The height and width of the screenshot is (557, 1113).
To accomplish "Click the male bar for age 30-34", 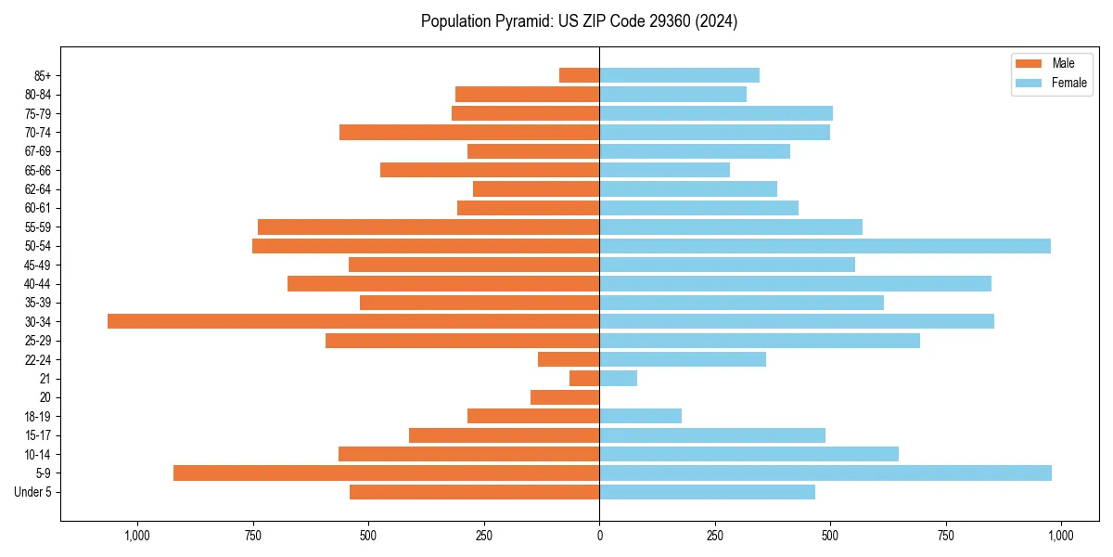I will coord(353,321).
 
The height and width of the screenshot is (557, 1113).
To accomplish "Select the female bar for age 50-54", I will coord(825,246).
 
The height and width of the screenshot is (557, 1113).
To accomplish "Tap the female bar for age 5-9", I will coord(825,473).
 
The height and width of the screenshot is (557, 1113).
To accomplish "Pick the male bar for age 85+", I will coord(580,75).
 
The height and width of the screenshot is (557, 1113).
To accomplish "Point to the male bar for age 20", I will coord(565,397).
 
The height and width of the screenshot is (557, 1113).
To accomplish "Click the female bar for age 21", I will coord(619,378).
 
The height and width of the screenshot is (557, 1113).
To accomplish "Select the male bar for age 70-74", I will coord(469,132).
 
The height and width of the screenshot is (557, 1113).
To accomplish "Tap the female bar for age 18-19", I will coord(641,416).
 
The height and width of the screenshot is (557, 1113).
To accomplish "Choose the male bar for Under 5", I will coord(475,492).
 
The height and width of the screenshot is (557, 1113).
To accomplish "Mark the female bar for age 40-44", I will coord(795,283).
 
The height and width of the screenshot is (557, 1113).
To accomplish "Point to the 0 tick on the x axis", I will coord(599,536).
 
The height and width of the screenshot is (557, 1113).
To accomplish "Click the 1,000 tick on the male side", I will coord(137,536).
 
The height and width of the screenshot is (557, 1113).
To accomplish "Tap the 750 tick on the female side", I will coord(945,536).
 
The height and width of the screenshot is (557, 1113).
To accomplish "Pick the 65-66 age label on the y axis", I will coord(38,170).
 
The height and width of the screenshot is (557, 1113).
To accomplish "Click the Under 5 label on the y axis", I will coord(33,492).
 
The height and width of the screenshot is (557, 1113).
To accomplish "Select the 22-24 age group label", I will coord(38,359).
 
